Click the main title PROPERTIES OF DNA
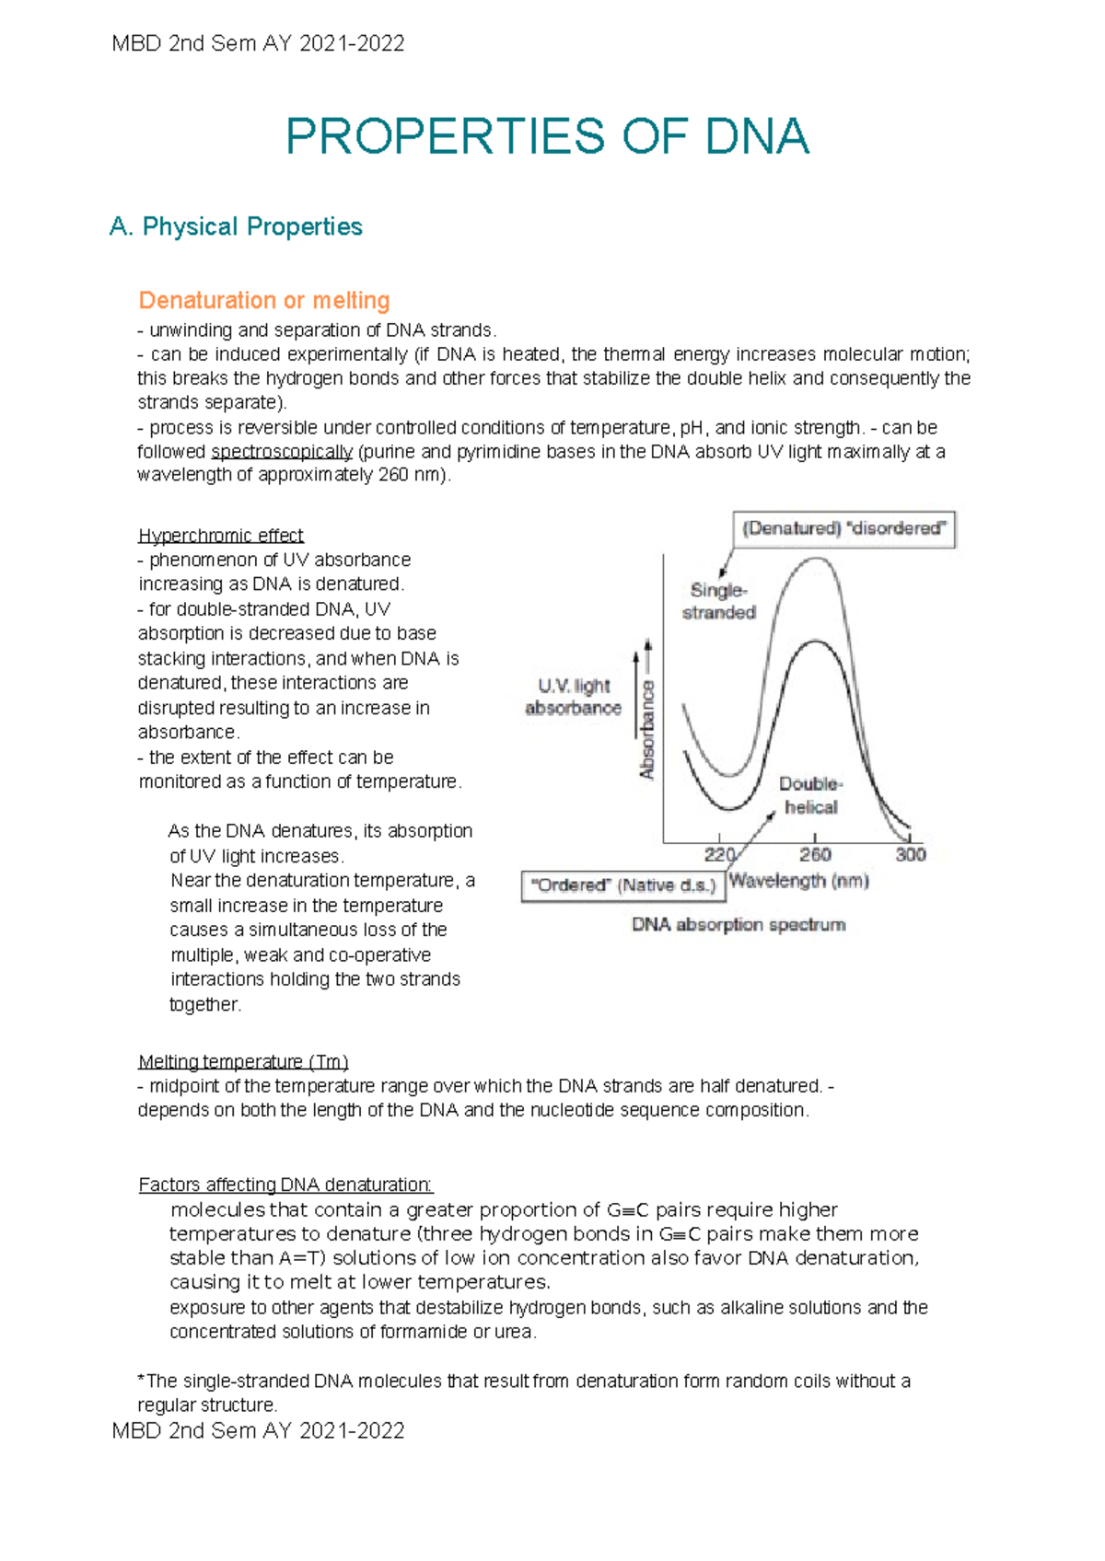[x=547, y=137]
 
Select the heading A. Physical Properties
[x=236, y=226]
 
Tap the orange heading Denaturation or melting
[x=264, y=300]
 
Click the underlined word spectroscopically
[x=282, y=452]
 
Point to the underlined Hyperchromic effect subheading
[x=220, y=536]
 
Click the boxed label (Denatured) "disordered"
[x=843, y=529]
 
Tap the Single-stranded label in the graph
[x=718, y=602]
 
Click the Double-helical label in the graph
[x=810, y=795]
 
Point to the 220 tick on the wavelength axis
[x=719, y=854]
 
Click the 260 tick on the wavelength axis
[x=815, y=854]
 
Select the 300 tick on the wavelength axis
[x=910, y=854]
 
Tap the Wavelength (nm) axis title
[x=798, y=881]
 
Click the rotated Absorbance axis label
[x=647, y=729]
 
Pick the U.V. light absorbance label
[x=573, y=697]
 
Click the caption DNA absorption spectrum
[x=738, y=924]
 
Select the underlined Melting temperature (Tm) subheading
[x=243, y=1061]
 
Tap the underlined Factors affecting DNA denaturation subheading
[x=285, y=1185]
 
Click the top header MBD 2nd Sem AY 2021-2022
[x=258, y=43]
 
